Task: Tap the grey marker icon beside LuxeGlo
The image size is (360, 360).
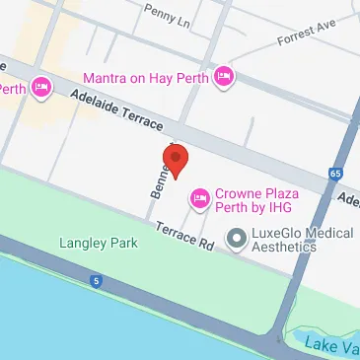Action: (x=235, y=237)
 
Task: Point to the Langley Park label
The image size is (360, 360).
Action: (x=98, y=242)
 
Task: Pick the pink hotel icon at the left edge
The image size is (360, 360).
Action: (x=41, y=88)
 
